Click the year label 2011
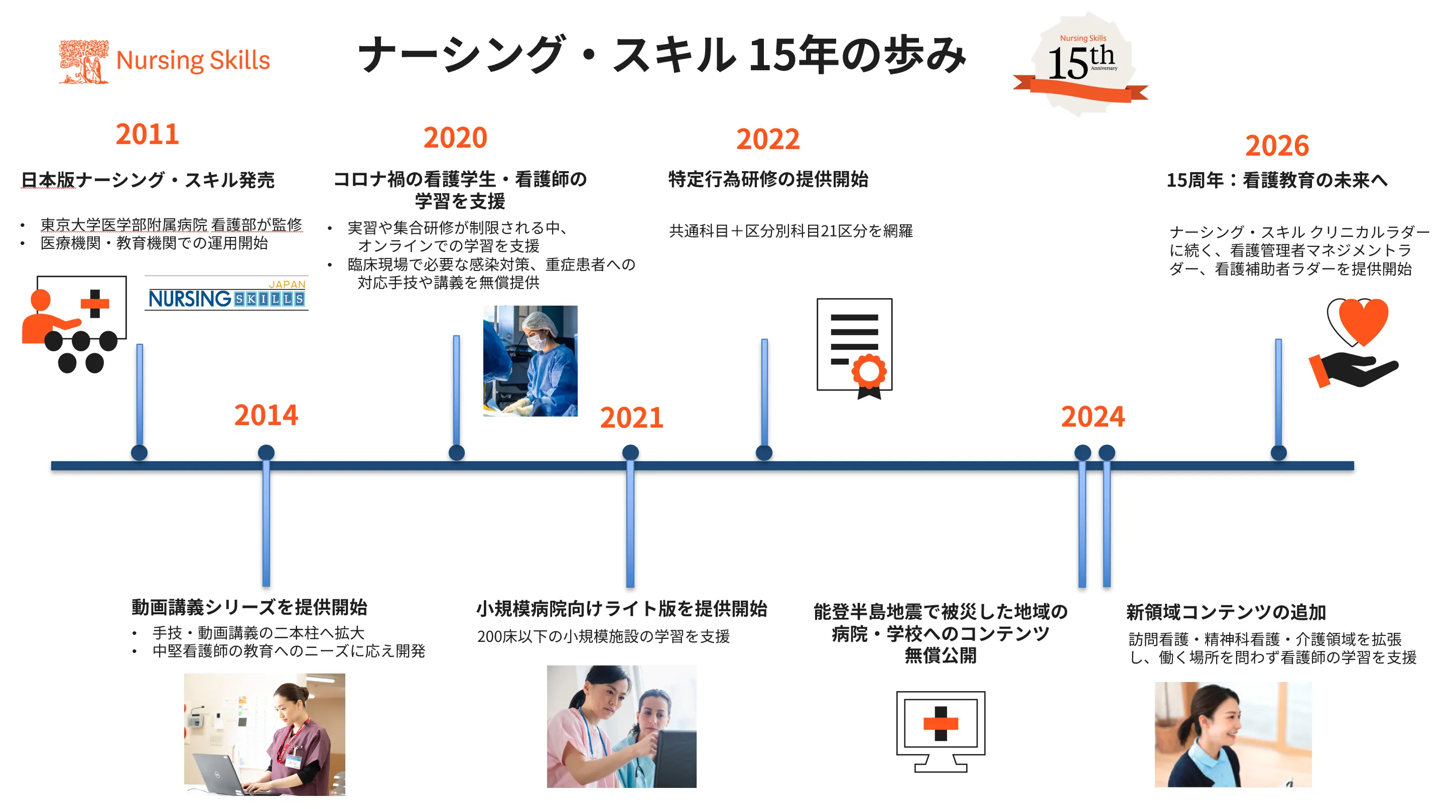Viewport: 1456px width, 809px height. point(147,134)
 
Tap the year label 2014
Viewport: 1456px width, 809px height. point(266,416)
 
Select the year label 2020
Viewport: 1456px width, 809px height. point(455,138)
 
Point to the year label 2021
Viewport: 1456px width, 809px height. point(631,418)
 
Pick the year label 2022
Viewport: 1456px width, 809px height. point(767,139)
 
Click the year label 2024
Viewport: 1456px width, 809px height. point(1093,417)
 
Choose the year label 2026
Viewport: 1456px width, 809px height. point(1277,146)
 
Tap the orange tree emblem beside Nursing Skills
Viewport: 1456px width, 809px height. point(84,61)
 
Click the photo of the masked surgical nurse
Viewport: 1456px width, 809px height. point(530,361)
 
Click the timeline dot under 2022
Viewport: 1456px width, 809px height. point(763,452)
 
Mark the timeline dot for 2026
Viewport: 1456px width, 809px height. point(1278,452)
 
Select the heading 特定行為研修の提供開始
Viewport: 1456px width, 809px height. point(767,179)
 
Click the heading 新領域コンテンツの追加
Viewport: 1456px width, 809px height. point(1226,612)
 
